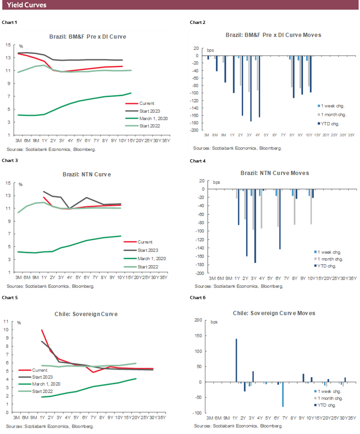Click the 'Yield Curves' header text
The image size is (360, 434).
[x=27, y=5]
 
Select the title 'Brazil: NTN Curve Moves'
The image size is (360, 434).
[x=274, y=173]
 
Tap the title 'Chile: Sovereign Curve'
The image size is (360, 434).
[x=88, y=314]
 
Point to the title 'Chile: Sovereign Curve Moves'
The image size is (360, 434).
[x=274, y=313]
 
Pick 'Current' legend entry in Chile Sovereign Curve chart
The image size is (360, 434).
[x=40, y=370]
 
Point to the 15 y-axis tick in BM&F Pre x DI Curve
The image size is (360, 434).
[x=8, y=45]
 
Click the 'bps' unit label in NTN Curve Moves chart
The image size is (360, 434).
[x=216, y=182]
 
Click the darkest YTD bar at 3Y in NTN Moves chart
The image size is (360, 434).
[x=255, y=226]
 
